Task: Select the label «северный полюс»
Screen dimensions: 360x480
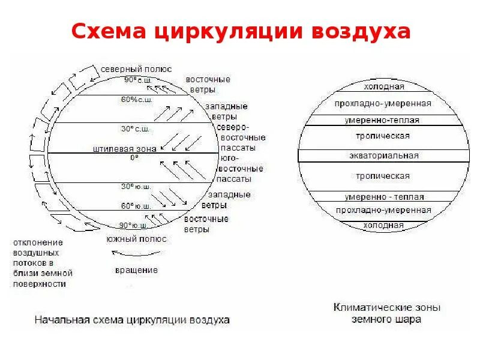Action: (x=136, y=69)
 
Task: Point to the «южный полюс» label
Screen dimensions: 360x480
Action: (x=136, y=239)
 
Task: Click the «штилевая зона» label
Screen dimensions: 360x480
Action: (x=125, y=148)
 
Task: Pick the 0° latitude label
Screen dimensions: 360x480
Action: (x=134, y=157)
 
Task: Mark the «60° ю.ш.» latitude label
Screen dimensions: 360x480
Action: (x=136, y=206)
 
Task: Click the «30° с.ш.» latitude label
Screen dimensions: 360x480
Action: (x=136, y=128)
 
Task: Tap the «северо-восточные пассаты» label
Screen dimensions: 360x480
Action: (x=240, y=137)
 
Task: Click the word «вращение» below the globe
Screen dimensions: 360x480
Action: (x=136, y=270)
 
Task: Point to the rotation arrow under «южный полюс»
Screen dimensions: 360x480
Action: (x=136, y=254)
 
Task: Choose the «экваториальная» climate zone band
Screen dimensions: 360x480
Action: (x=383, y=155)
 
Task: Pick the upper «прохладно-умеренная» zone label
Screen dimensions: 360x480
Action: (x=383, y=103)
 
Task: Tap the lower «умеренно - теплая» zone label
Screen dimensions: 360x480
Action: (x=384, y=197)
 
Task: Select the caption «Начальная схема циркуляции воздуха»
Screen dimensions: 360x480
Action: (x=132, y=320)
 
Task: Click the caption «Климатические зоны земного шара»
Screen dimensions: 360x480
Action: (x=386, y=313)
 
